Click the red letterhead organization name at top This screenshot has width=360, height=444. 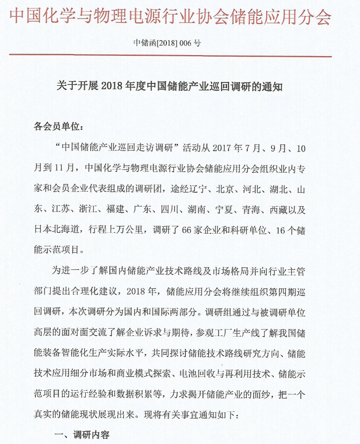coord(170,17)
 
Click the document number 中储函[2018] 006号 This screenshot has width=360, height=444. coord(167,43)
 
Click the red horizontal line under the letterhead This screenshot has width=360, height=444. coord(170,56)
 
